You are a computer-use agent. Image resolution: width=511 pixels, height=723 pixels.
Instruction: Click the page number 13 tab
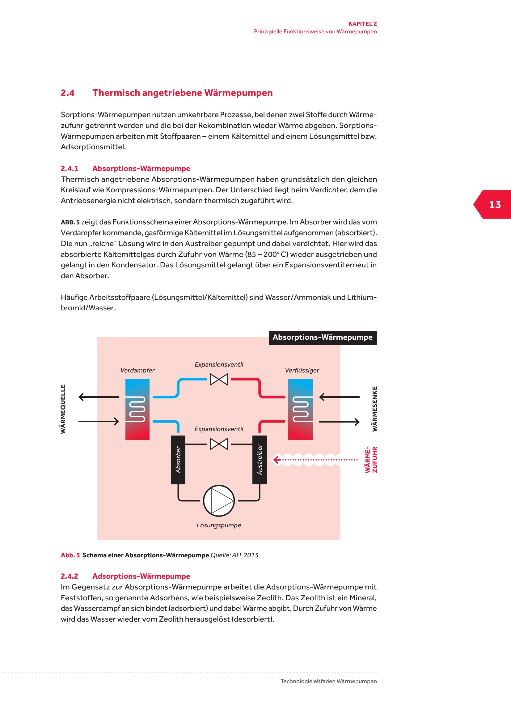[494, 205]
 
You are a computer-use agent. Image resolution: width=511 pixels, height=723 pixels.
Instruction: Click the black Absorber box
[178, 459]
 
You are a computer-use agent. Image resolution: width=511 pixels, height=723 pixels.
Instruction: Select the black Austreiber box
[260, 459]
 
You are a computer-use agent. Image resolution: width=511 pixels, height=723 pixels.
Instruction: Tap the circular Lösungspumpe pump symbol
[219, 500]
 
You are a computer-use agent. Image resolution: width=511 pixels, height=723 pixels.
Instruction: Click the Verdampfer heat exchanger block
[137, 409]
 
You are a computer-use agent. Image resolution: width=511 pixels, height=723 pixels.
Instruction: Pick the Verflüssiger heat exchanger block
[300, 409]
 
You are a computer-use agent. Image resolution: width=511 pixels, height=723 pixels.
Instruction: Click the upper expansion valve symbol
[219, 379]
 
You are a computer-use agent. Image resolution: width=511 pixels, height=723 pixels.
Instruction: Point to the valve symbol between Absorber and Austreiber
[219, 444]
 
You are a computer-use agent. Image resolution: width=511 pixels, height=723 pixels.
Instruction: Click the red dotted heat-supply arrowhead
[277, 460]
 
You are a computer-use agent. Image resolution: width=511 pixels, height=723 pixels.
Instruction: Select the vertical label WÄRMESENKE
[374, 409]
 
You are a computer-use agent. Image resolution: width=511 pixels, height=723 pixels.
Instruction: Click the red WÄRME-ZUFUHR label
[371, 459]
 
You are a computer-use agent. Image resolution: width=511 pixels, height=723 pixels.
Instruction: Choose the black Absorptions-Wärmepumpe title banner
[323, 338]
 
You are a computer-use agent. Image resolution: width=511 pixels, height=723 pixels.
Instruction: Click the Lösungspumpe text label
[219, 525]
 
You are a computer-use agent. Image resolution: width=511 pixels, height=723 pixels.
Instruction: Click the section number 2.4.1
[69, 168]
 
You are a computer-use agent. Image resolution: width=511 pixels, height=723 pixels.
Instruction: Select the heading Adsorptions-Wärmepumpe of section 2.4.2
[141, 576]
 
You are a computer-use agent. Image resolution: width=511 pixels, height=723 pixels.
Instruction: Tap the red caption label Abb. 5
[70, 555]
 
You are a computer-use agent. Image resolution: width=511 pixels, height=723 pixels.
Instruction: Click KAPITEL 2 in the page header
[362, 23]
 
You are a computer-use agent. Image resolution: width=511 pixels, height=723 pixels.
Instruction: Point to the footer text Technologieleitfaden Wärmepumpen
[328, 681]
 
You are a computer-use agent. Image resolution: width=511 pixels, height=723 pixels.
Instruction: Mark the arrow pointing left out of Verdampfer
[98, 397]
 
